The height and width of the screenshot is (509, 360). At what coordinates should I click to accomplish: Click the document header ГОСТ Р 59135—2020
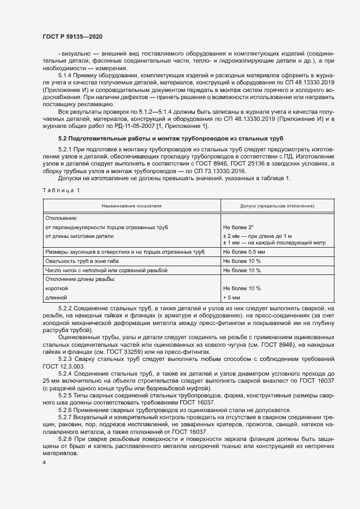coord(72,36)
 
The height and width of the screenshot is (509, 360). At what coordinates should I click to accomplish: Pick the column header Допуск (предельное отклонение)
coord(269,206)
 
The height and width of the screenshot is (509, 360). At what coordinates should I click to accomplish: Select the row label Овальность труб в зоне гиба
coord(82,261)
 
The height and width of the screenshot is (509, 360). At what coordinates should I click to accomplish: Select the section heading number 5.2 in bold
coord(64,139)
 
